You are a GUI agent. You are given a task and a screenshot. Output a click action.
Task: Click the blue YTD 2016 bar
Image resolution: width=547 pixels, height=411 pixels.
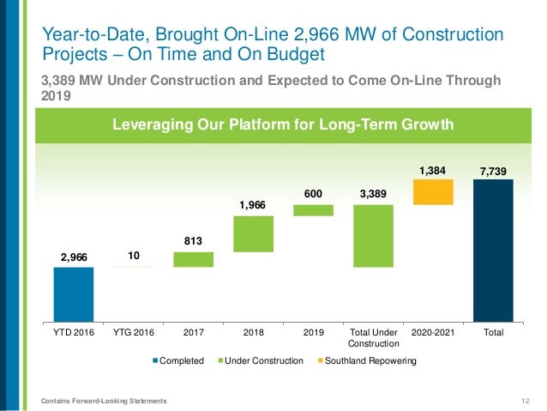73,293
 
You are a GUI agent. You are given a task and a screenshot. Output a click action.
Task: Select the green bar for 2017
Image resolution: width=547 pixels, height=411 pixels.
193,259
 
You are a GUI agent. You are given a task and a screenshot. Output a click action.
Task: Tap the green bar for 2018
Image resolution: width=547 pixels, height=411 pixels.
253,233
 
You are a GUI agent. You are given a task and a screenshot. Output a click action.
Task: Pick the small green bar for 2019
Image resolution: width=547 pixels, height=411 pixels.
313,210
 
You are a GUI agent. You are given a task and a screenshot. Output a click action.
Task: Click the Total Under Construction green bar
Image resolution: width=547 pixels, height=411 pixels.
373,236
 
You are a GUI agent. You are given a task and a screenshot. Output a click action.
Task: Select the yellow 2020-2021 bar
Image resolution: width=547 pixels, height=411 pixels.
433,192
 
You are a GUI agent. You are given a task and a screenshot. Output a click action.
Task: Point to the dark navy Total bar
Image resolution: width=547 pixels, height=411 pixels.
493,250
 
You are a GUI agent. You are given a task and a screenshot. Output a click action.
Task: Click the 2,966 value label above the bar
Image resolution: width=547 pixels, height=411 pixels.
73,257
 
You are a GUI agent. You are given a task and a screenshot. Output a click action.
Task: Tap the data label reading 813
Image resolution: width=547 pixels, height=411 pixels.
193,241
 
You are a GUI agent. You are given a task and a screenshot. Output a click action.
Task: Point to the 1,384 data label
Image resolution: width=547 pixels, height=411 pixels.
433,169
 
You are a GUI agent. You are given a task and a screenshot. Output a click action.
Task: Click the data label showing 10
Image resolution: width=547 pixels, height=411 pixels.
133,256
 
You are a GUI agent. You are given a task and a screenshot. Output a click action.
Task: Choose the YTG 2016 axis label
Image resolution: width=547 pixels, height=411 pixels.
133,331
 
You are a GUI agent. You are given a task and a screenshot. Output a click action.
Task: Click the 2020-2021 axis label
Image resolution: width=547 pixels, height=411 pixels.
433,331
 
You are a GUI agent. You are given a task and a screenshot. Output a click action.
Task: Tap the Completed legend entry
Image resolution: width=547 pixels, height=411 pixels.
179,361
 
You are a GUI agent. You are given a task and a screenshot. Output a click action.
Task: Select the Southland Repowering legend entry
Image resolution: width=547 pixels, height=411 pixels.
369,361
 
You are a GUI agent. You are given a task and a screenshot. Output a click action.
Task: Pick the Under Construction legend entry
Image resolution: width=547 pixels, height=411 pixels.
263,361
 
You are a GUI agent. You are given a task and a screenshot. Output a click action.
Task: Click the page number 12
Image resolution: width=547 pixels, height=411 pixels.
525,401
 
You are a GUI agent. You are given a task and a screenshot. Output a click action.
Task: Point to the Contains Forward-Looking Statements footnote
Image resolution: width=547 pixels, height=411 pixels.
105,401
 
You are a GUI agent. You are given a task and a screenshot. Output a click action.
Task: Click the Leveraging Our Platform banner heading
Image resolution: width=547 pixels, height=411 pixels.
284,125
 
